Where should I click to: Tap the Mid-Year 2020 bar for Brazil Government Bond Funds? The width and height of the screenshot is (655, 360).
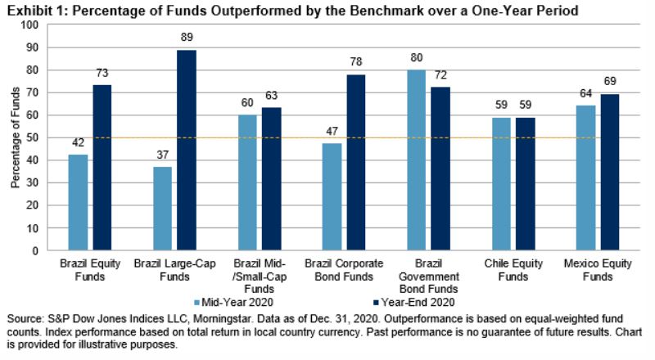(x=417, y=160)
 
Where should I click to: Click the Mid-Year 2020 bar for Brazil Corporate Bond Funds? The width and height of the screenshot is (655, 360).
(x=332, y=197)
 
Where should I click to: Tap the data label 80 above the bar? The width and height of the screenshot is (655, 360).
(x=417, y=59)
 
